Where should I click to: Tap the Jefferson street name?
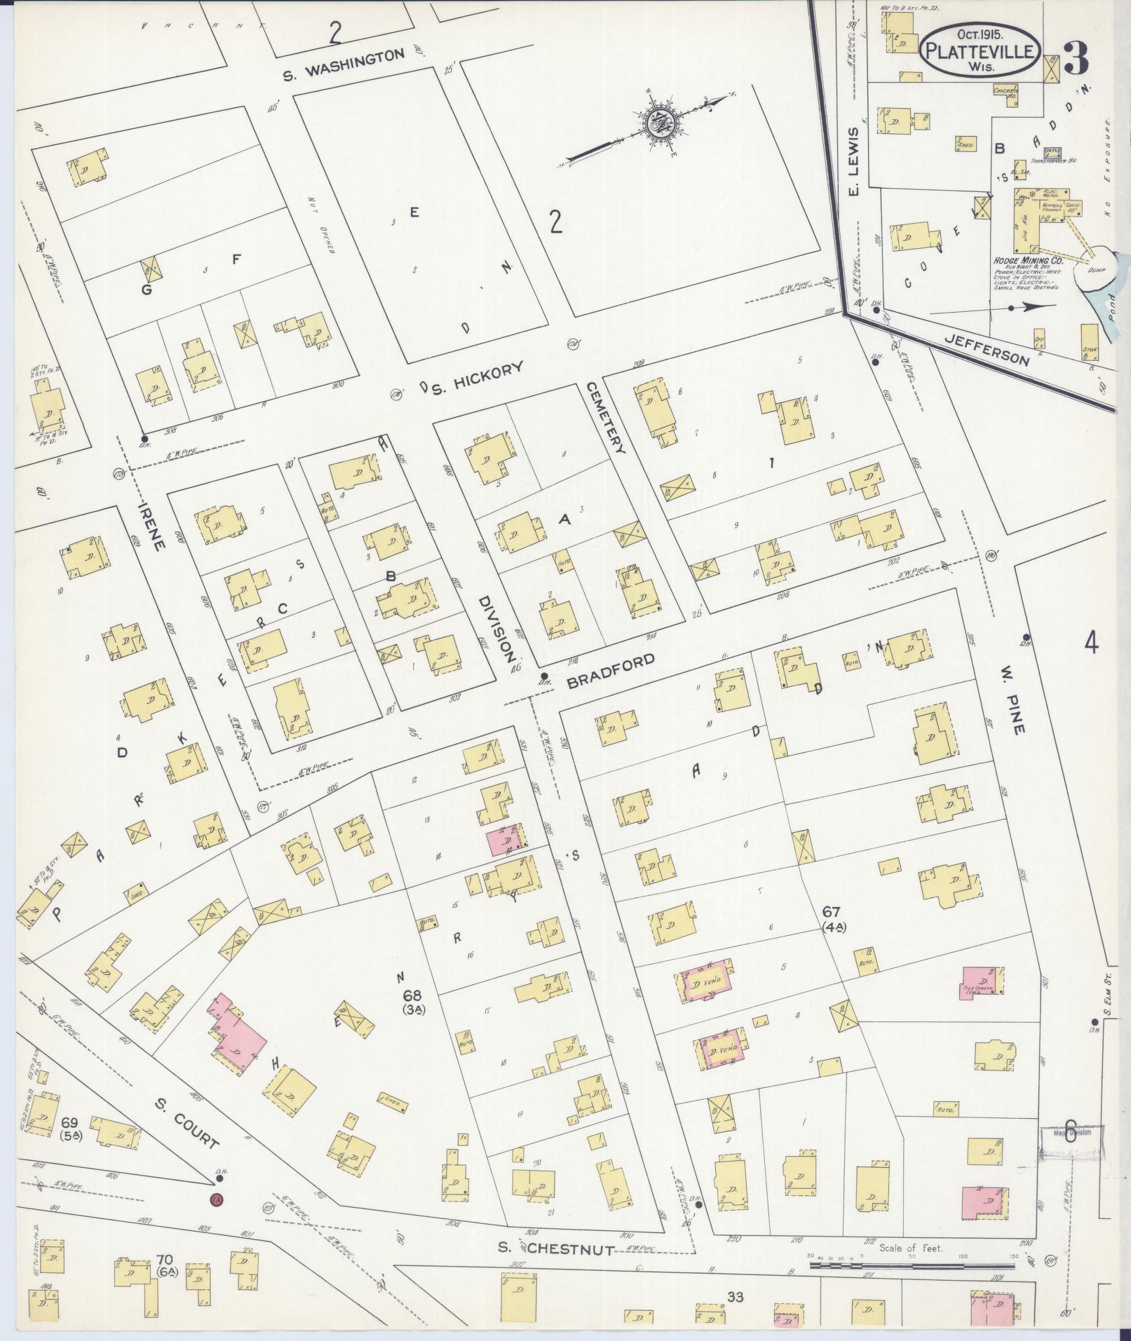[x=987, y=348]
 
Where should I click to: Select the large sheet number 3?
[x=1075, y=58]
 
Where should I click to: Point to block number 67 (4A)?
[x=833, y=918]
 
